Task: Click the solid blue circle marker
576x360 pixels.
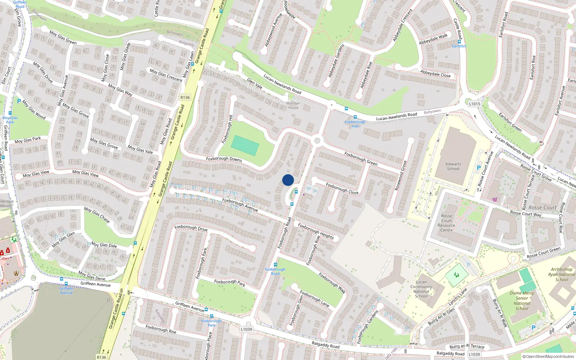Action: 288,180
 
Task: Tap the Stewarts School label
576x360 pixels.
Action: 453,166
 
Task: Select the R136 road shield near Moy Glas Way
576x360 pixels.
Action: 185,98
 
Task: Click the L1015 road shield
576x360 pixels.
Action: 474,104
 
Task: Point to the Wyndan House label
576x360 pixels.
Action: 293,105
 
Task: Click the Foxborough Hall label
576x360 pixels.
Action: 355,124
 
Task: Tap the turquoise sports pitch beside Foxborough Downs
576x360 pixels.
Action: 245,145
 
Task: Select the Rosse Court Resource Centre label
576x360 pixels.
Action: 447,223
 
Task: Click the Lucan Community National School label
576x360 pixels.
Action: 421,289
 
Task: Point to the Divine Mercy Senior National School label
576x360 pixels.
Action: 522,301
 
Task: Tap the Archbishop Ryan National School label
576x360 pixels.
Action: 562,274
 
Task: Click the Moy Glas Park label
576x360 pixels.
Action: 10,120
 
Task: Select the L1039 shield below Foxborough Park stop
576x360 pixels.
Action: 247,329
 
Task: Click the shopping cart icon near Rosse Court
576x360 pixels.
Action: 495,199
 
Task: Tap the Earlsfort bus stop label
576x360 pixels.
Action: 459,46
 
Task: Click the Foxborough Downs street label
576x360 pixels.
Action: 224,159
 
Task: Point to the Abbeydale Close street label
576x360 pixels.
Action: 435,73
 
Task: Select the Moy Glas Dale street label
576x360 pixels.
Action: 104,245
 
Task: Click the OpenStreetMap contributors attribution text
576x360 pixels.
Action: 548,356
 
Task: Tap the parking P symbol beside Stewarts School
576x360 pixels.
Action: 479,168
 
